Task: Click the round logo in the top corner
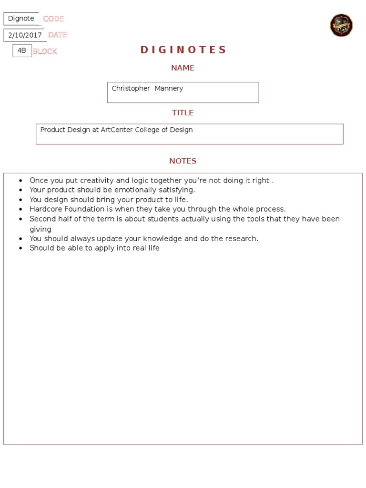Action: coord(341,25)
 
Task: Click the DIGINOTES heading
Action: coord(183,50)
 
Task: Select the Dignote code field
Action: coord(21,19)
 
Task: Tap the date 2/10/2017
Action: coord(25,35)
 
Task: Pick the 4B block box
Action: coord(22,50)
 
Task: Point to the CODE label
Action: coord(53,19)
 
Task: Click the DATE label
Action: coord(57,35)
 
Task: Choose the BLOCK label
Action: coord(45,51)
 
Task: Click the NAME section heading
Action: coord(183,68)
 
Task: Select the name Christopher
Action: coord(130,89)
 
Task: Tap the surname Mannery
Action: coord(169,89)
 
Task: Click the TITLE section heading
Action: coord(183,113)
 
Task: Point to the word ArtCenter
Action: coord(117,130)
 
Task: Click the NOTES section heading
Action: coord(183,161)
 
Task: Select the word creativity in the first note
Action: coord(97,181)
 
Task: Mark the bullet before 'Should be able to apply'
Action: coord(20,248)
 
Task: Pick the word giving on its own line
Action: coord(41,229)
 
